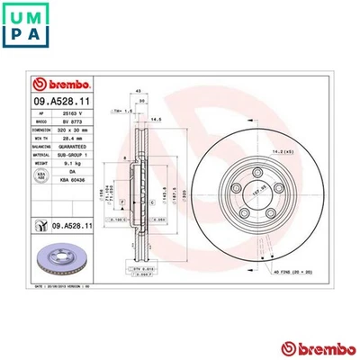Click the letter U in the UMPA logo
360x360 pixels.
pyautogui.click(x=16, y=16)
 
